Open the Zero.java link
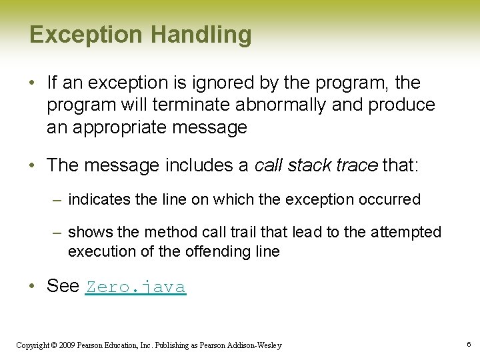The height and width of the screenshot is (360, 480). coord(135,287)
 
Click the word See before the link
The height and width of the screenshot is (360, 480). coord(63,286)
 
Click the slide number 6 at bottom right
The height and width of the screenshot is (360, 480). coord(469,344)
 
